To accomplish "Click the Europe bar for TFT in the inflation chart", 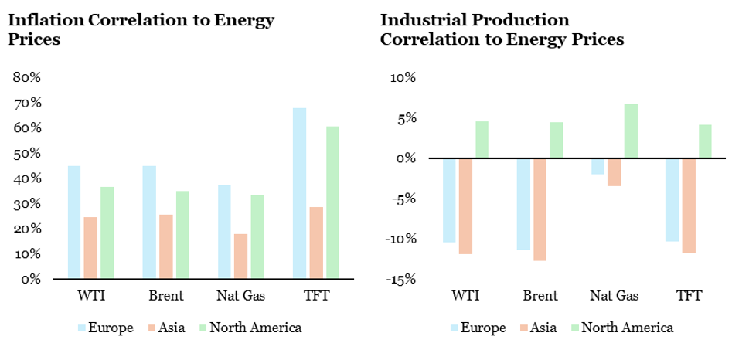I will pyautogui.click(x=299, y=193).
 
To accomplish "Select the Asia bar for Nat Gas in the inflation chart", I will pyautogui.click(x=240, y=256).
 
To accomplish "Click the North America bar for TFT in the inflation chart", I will pyautogui.click(x=332, y=202).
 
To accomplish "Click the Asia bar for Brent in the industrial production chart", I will pyautogui.click(x=539, y=209).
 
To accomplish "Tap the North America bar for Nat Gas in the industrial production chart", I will pyautogui.click(x=631, y=131).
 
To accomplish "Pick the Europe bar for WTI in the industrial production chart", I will pyautogui.click(x=448, y=200).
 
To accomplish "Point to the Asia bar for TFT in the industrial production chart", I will pyautogui.click(x=689, y=205).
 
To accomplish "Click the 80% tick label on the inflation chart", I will pyautogui.click(x=26, y=78).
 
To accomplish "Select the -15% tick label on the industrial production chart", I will pyautogui.click(x=400, y=280).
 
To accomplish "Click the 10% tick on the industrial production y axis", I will pyautogui.click(x=403, y=78).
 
